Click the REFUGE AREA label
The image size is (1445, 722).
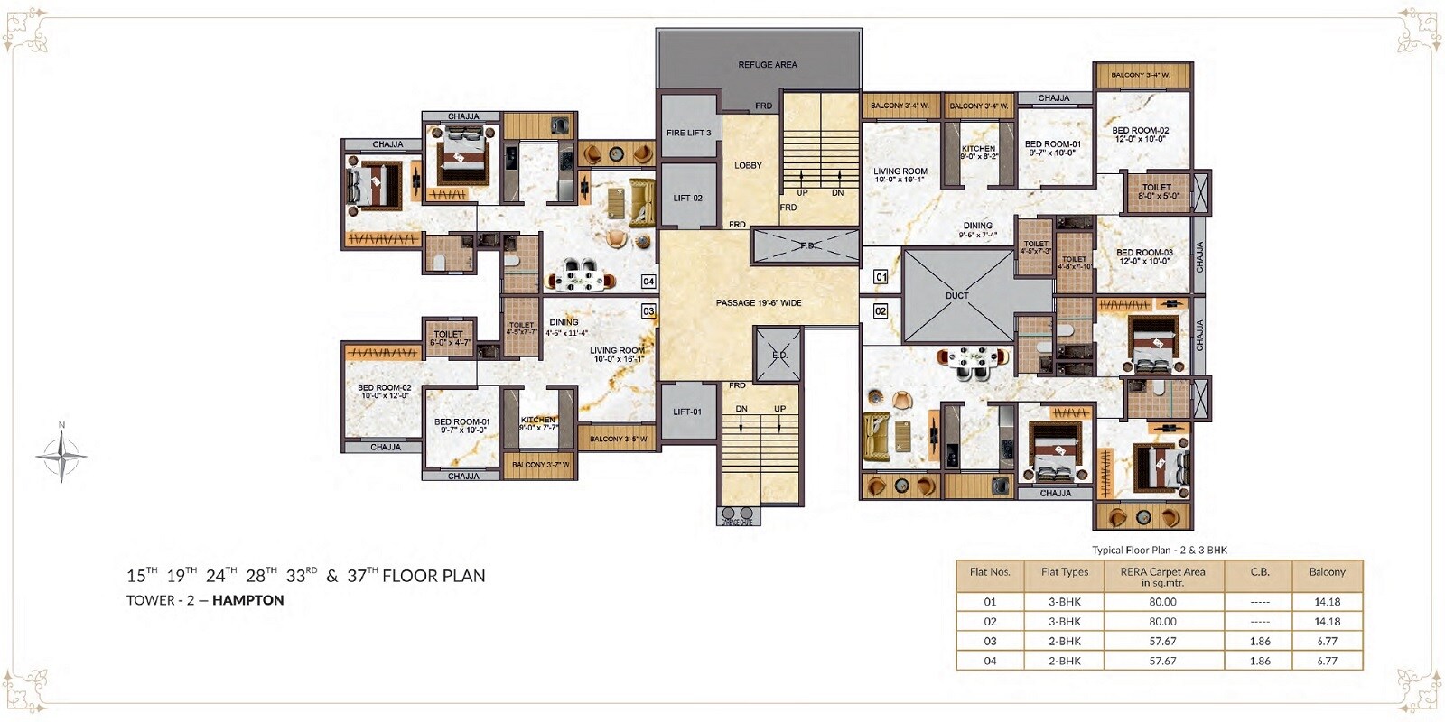(767, 65)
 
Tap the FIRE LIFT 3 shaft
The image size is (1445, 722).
(688, 133)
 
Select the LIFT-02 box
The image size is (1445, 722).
(687, 198)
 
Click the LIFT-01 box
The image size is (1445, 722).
(687, 412)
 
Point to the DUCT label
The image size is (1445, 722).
(957, 296)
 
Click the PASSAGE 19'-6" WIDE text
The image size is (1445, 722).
(759, 303)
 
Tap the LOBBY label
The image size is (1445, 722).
(748, 165)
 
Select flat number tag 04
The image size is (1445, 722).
(648, 282)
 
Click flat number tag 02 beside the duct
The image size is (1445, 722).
(881, 310)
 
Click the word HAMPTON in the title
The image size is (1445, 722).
(247, 600)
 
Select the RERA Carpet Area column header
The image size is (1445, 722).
(1162, 577)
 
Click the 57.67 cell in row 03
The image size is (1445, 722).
(1162, 642)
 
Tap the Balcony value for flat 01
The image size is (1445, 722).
(1327, 602)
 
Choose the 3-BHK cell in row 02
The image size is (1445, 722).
(1065, 622)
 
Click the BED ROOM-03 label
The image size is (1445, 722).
(1144, 256)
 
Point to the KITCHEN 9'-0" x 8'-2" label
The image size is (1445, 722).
(978, 153)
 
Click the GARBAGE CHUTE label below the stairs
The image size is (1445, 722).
(737, 522)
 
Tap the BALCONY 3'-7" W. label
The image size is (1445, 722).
(541, 465)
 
